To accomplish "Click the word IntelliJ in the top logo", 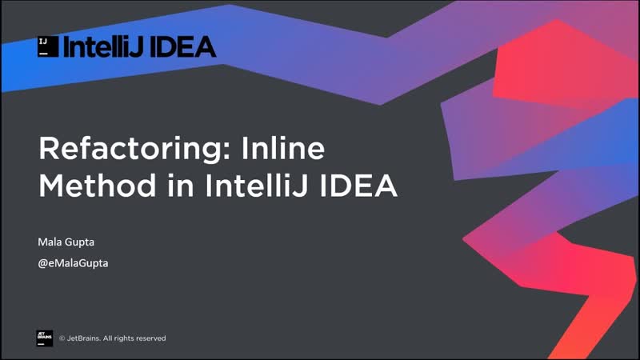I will [103, 46].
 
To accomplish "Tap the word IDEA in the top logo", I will [184, 46].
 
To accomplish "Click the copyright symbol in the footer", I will [63, 338].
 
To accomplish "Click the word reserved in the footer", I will [150, 338].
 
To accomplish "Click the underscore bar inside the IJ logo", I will [45, 52].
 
